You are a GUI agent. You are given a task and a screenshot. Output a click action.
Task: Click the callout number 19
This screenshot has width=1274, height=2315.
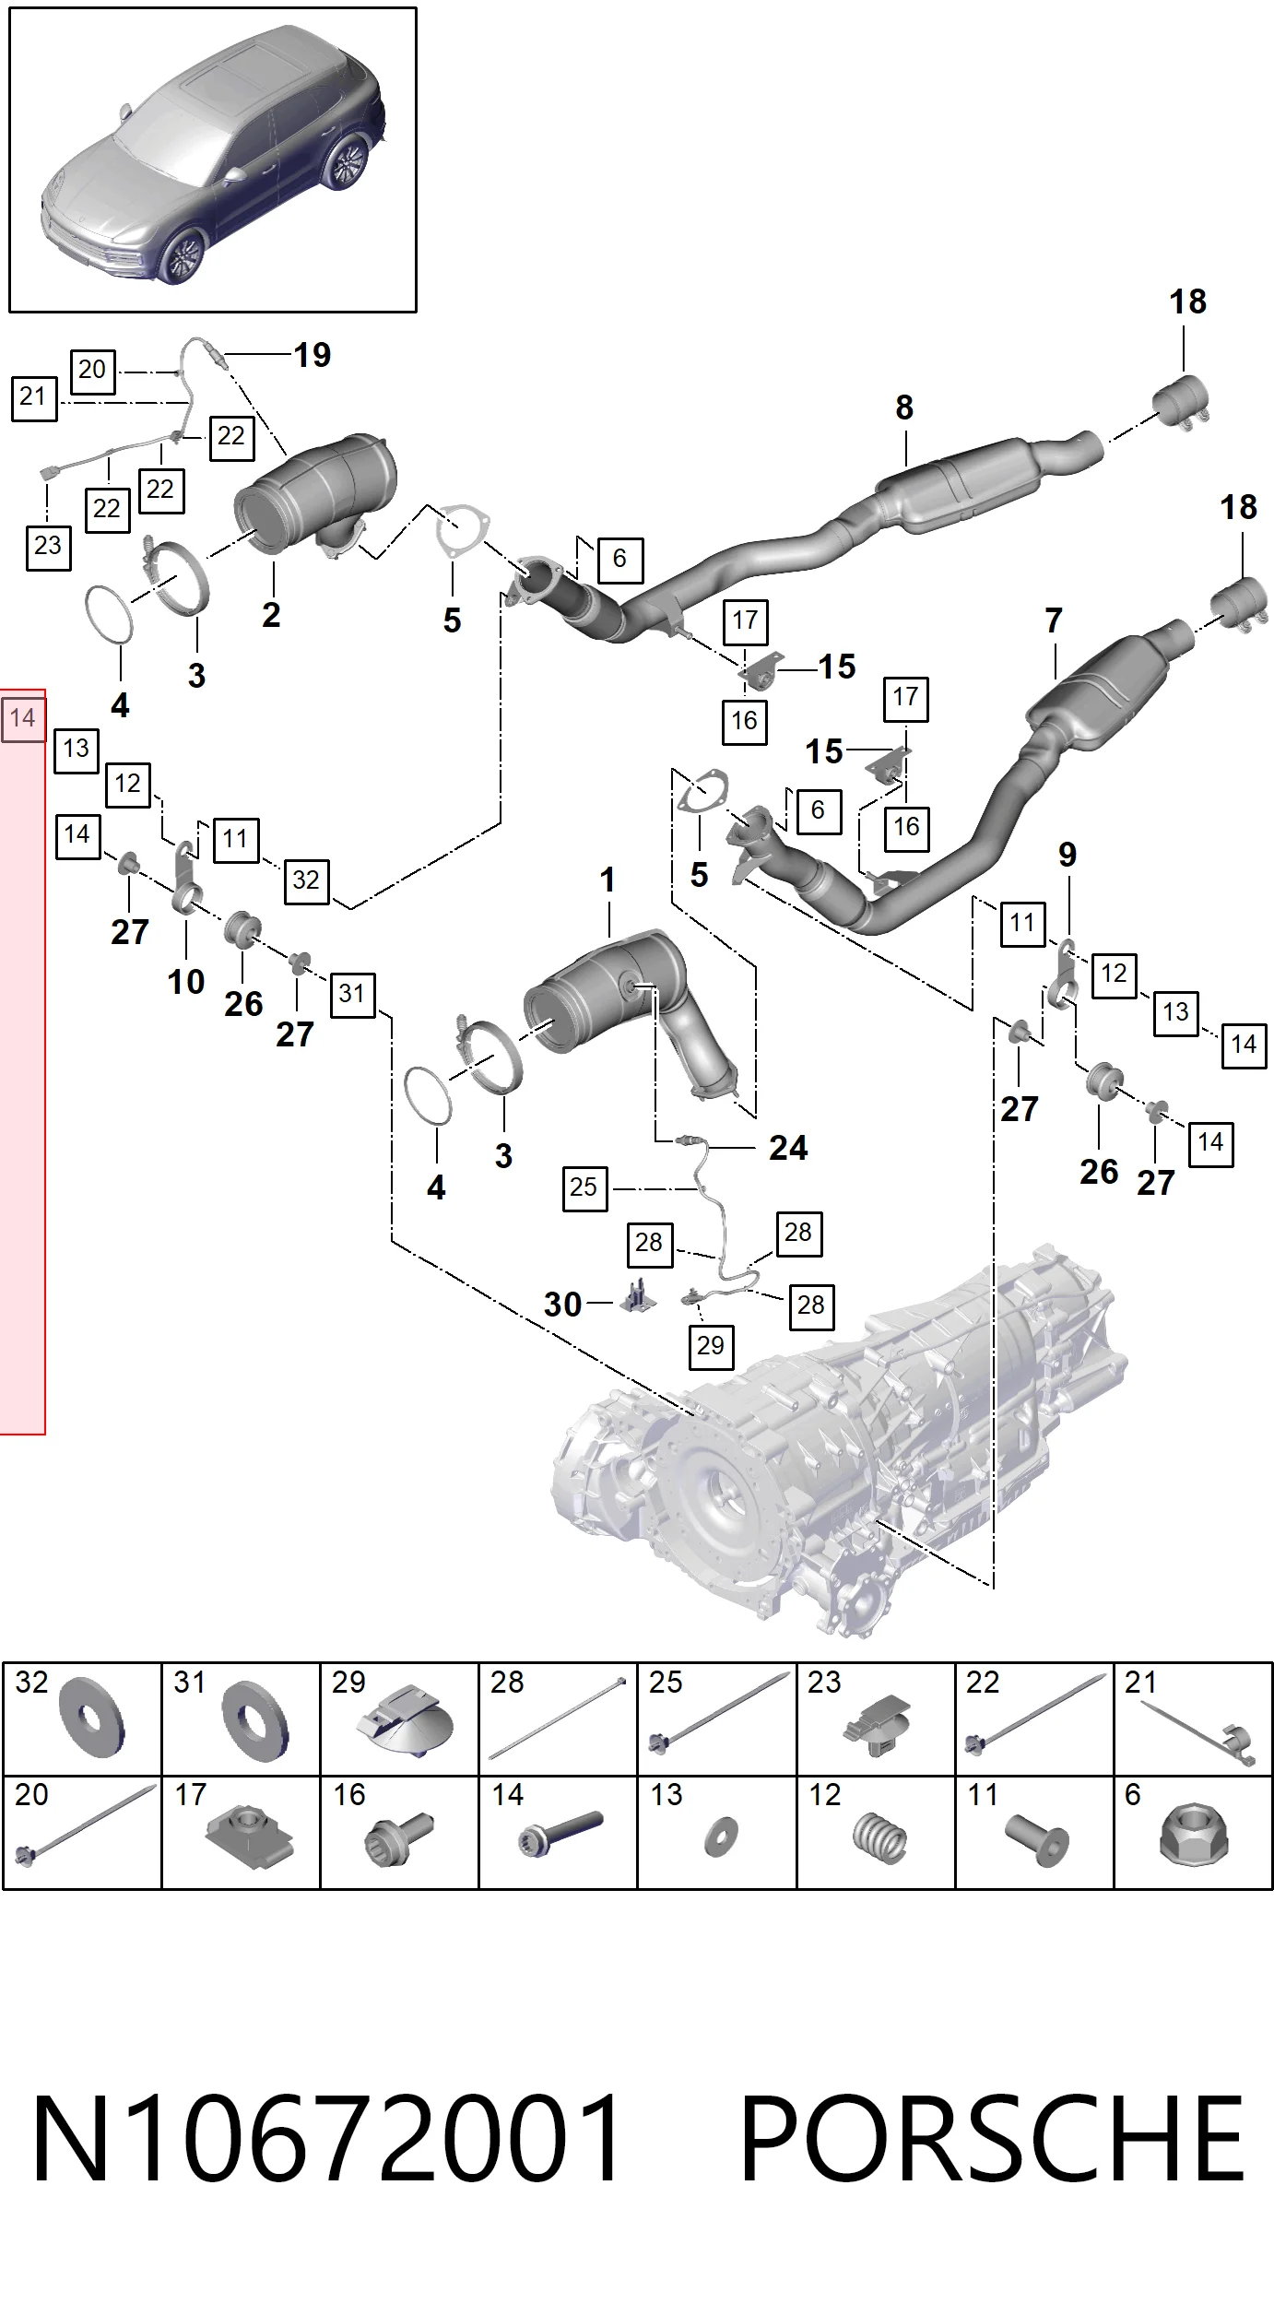tap(313, 355)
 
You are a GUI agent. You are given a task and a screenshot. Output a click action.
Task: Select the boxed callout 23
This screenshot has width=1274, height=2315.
tap(48, 545)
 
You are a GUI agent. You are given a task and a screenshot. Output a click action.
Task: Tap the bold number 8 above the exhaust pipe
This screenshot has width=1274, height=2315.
tap(904, 407)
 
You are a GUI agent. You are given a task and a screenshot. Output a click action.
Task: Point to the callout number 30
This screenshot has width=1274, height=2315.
tap(562, 1305)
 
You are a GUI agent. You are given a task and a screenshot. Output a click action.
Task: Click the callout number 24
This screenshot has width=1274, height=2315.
tap(788, 1148)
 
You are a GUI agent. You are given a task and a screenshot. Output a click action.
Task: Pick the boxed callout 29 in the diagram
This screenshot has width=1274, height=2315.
tap(711, 1346)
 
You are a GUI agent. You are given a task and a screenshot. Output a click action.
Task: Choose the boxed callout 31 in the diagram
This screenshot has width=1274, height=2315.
tap(352, 994)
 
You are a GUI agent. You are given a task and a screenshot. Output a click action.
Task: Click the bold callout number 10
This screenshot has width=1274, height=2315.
tap(185, 982)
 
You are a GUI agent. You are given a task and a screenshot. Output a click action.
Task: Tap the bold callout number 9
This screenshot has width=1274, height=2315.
tap(1068, 855)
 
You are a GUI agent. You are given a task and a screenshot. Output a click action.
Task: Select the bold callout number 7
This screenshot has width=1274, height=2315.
tap(1054, 621)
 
